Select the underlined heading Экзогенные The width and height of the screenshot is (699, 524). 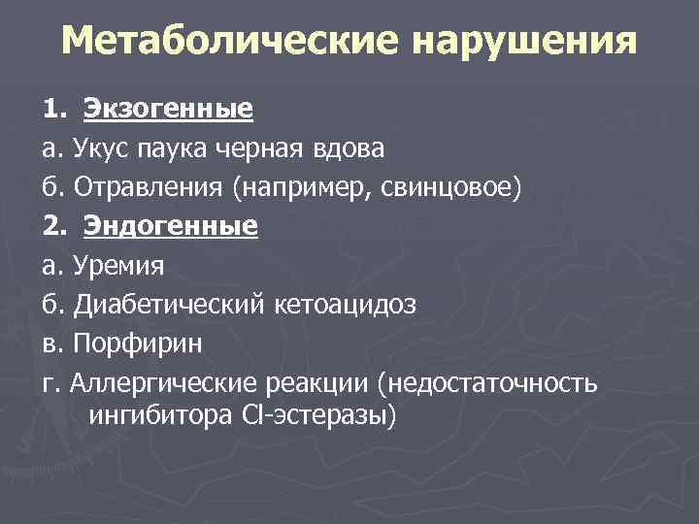[x=168, y=108]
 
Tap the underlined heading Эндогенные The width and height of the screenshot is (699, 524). [x=170, y=226]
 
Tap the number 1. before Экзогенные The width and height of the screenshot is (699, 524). [x=53, y=108]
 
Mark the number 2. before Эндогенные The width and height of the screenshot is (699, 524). [x=53, y=226]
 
